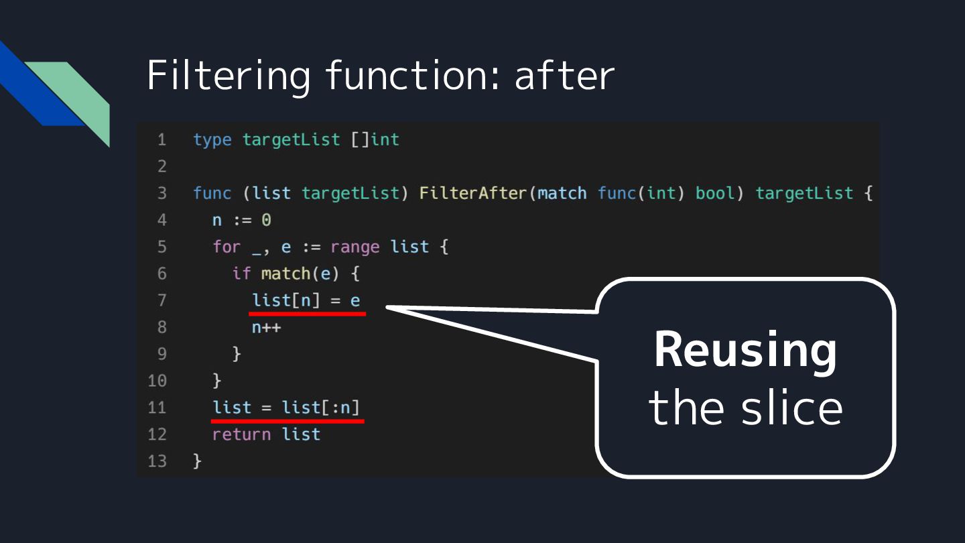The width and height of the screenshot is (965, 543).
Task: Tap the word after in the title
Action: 564,75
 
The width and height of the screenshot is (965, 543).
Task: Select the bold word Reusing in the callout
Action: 745,350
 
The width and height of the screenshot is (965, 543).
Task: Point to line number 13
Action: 157,461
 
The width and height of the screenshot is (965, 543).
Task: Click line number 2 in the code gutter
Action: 162,166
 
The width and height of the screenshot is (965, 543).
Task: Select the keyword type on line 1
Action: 212,139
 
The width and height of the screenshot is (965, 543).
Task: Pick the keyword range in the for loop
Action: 355,247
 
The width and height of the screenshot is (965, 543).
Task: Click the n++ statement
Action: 267,327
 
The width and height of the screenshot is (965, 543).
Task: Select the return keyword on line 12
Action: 242,434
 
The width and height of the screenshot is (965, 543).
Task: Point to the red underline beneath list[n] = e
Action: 308,313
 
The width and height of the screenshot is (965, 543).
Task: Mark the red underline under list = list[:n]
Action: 287,421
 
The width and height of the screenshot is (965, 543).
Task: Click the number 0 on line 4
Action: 266,220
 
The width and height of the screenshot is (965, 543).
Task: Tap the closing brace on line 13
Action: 197,461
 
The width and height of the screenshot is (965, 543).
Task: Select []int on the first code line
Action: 375,139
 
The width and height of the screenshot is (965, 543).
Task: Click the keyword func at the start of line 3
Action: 212,193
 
